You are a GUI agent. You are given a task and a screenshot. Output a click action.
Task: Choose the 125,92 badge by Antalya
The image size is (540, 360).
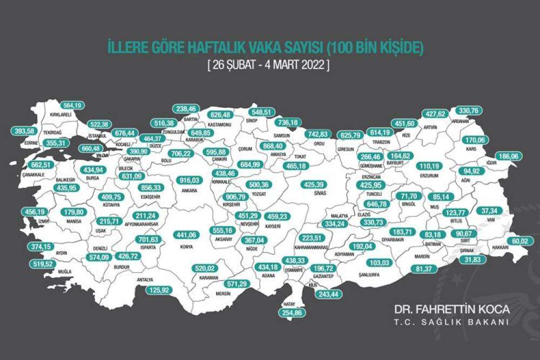point(160,290)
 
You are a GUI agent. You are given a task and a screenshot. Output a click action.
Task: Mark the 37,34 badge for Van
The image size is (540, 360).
point(489,210)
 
